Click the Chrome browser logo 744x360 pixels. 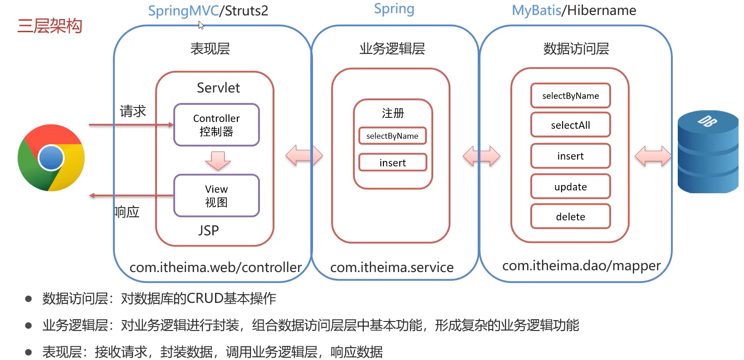click(51, 158)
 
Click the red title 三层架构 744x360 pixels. click(49, 26)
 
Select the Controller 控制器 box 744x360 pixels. click(216, 125)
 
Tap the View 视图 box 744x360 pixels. click(216, 195)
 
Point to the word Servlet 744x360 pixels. click(218, 88)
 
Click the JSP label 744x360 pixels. click(209, 230)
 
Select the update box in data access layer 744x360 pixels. click(570, 186)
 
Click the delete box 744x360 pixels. click(570, 217)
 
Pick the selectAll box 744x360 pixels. click(570, 125)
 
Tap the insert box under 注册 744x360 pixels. click(392, 162)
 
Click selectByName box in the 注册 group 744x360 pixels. click(392, 136)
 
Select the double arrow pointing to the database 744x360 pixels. click(652, 156)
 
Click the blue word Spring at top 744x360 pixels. click(394, 9)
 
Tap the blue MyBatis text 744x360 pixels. click(536, 10)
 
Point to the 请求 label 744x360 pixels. click(132, 111)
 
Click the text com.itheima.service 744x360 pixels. click(392, 268)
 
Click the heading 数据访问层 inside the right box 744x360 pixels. click(576, 49)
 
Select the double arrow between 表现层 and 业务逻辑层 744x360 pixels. click(304, 156)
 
